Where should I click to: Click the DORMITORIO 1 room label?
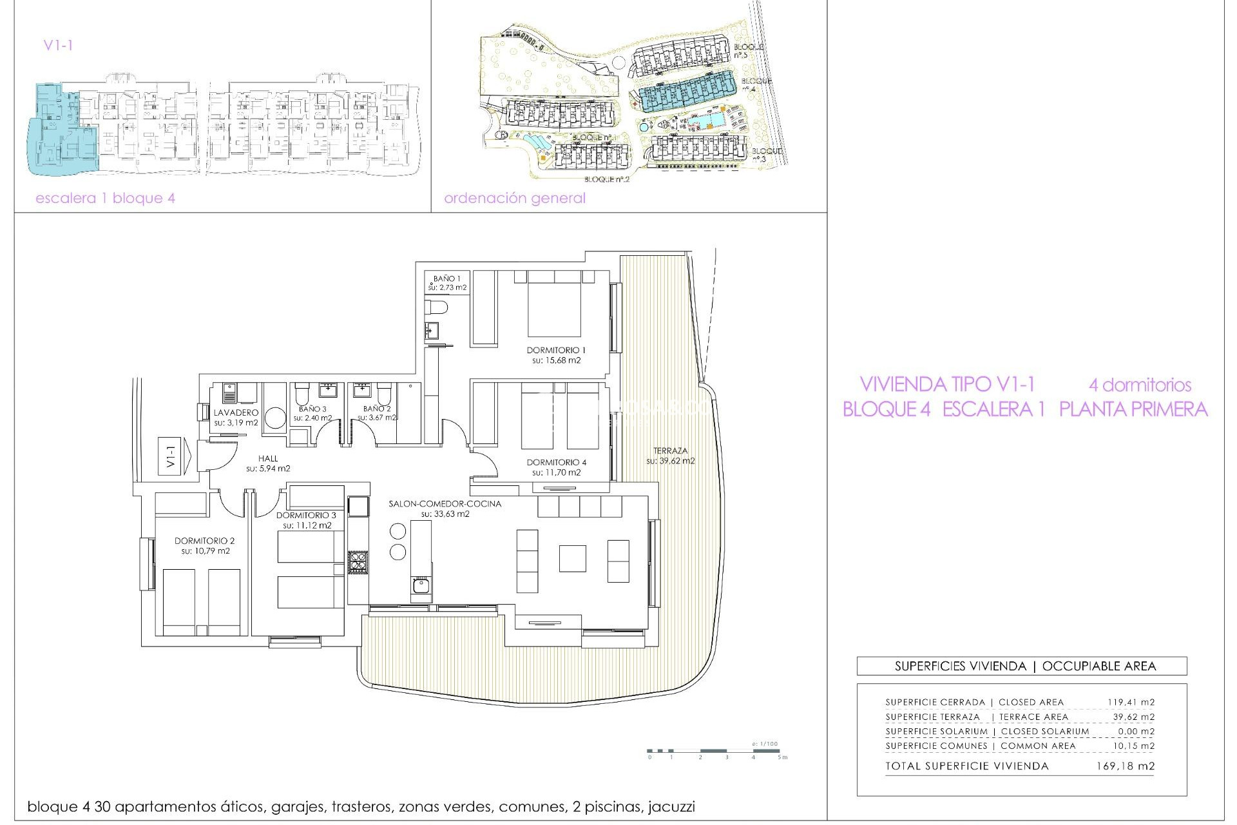[556, 350]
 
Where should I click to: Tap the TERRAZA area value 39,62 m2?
[671, 461]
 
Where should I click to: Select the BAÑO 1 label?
[446, 278]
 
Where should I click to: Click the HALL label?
[268, 458]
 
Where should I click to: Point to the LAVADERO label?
[236, 412]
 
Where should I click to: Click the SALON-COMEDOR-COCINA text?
[445, 503]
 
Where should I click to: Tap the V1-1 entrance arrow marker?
[175, 456]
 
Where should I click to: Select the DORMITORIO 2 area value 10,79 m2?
[206, 551]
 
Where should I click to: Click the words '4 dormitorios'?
[1140, 385]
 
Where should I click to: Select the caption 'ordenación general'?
[515, 198]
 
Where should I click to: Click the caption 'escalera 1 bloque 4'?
[105, 198]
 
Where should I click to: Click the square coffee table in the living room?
[572, 558]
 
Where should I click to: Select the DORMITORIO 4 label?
[556, 462]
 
